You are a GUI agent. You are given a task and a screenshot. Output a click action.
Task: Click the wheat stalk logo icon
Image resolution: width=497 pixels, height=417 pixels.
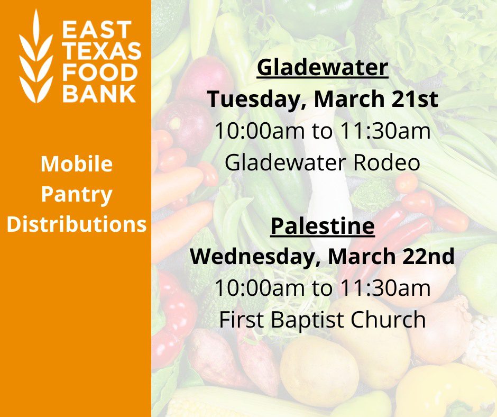[x=36, y=56]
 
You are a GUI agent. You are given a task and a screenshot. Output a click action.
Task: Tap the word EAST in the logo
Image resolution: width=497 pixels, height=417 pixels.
[x=97, y=30]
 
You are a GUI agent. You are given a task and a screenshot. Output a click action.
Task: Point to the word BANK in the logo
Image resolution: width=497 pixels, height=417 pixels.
[x=99, y=93]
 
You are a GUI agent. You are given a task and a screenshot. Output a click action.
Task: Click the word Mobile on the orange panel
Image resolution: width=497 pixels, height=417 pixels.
[x=77, y=164]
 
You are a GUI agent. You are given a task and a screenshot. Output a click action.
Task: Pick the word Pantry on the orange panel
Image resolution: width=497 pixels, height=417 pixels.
[x=77, y=195]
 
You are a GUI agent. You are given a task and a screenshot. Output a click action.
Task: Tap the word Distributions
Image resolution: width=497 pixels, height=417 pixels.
[x=77, y=224]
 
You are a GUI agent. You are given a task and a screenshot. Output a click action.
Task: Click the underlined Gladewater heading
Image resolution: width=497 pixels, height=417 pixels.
[x=323, y=67]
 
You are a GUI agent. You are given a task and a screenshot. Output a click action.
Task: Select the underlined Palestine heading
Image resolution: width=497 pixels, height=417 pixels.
[x=323, y=225]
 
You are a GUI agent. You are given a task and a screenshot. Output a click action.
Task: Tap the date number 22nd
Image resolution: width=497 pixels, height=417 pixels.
[x=428, y=257]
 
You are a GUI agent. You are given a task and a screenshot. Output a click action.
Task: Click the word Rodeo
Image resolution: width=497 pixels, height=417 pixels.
[x=386, y=162]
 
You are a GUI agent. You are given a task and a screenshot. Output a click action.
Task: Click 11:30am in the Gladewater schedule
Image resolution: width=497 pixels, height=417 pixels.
[x=385, y=130]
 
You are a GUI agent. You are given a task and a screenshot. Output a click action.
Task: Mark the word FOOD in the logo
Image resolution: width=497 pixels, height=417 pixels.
[x=100, y=72]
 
